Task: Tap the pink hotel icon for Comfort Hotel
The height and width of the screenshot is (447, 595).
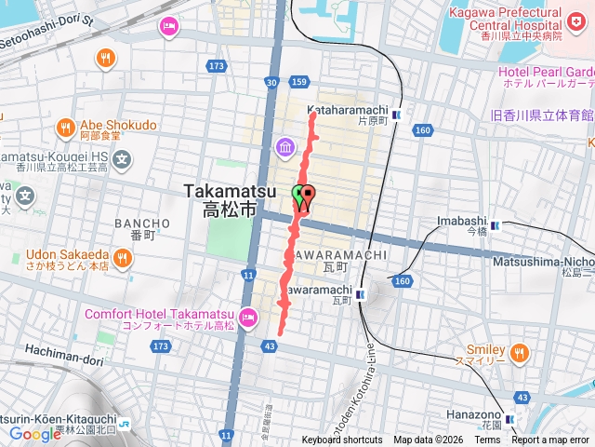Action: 247,318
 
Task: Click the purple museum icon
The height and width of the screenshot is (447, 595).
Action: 284,147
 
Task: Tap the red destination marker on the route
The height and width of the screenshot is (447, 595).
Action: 308,196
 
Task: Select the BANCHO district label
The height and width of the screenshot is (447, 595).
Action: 142,223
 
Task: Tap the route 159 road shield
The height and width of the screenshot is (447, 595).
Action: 299,83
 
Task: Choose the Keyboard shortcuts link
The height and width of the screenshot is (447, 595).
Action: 341,440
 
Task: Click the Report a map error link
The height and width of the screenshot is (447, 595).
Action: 550,440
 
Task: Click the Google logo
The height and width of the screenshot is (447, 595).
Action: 35,434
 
